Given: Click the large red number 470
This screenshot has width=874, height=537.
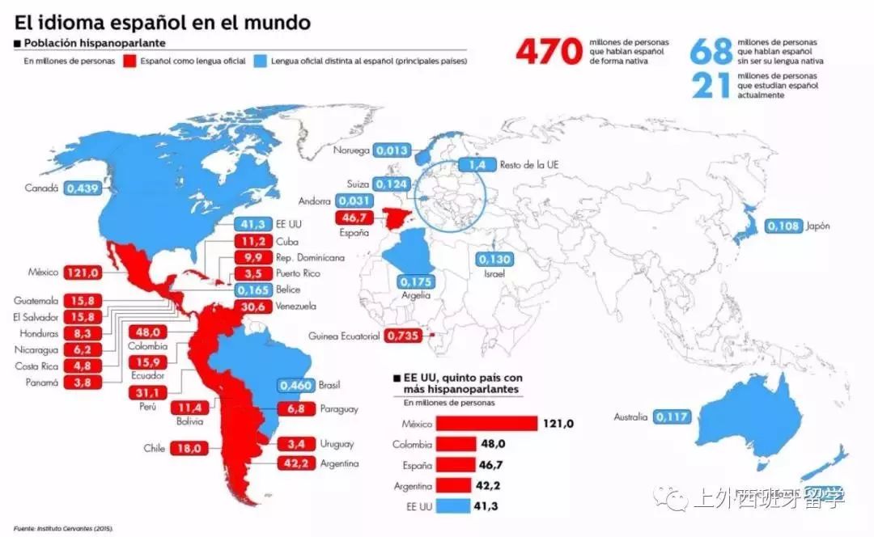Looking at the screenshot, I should point(549,52).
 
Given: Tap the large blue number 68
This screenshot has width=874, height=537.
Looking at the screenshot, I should point(711,52).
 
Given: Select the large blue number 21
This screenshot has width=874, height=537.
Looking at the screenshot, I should point(711,85).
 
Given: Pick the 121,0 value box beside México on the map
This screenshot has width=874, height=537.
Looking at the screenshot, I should point(83,273).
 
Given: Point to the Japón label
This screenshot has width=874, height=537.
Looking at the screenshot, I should point(817,226).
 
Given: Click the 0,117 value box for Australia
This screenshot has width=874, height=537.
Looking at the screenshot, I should point(672,417).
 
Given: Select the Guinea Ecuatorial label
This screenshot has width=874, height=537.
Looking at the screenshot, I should point(344,336).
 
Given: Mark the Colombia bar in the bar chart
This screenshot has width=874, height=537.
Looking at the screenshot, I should point(457,445).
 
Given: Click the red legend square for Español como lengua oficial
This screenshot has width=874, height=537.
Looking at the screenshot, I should point(129,61).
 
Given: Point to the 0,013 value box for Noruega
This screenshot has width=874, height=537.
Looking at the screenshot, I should point(392,150).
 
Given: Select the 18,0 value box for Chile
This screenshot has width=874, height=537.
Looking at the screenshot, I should point(189,448).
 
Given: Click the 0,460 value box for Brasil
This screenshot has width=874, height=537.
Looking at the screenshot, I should point(295,386).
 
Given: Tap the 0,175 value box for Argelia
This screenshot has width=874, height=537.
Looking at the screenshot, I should point(418,282).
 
